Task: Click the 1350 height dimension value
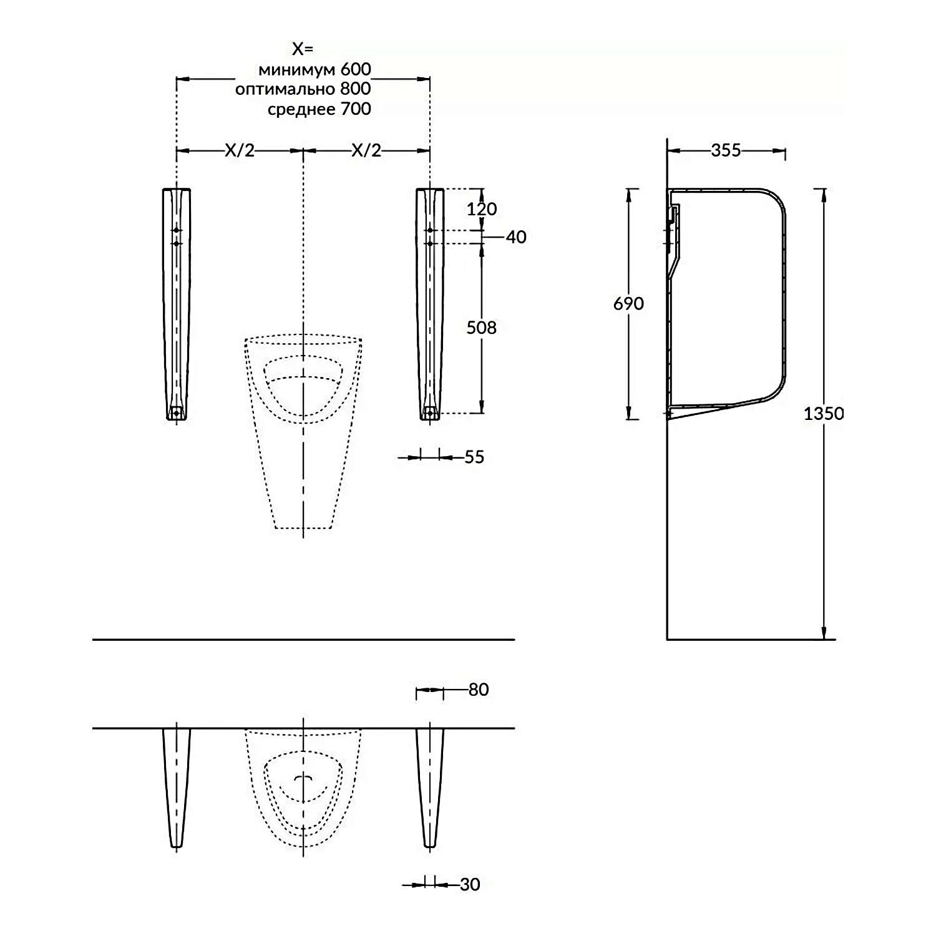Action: tap(823, 414)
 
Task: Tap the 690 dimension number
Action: tap(628, 303)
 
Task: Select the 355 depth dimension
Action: tap(726, 150)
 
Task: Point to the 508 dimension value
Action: tap(482, 328)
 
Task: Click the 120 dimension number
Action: tap(482, 208)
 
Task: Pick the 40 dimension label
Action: tap(516, 237)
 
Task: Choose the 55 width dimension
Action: tap(474, 457)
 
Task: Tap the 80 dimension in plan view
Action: tap(478, 690)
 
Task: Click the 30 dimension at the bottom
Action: tap(470, 884)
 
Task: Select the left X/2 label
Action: tap(240, 150)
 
